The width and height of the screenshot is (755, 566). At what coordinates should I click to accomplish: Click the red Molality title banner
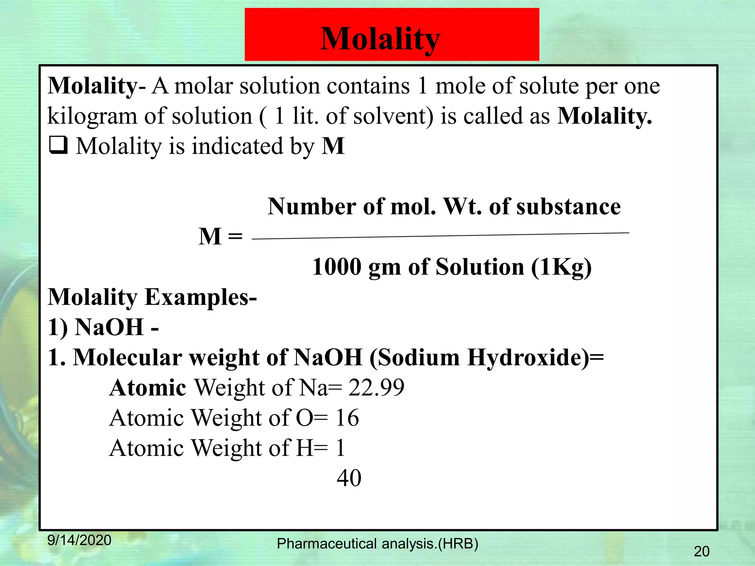[392, 35]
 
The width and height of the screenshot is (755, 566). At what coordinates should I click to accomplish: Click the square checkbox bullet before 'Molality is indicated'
[58, 145]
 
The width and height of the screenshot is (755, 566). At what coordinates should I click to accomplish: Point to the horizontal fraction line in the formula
[440, 236]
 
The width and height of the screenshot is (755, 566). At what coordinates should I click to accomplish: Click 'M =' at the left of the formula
[220, 236]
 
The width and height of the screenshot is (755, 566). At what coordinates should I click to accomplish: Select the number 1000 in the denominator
[337, 267]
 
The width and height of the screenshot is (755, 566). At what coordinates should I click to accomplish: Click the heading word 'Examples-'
[201, 297]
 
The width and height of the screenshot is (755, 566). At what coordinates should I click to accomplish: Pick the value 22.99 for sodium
[376, 388]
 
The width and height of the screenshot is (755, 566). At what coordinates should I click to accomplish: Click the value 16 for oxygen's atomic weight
[347, 418]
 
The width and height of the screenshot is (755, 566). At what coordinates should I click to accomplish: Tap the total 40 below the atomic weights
[349, 478]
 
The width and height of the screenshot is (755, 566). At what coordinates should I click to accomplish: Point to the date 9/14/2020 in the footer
[79, 540]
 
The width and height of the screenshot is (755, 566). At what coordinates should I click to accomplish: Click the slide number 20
[701, 551]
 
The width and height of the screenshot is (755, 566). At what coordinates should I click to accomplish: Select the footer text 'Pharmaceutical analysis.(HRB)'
[377, 544]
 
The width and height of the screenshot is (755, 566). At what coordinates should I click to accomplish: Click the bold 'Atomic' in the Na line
[148, 388]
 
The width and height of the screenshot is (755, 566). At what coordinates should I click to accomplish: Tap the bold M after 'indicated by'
[333, 146]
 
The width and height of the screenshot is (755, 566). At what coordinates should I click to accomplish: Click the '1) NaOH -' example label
[103, 327]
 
